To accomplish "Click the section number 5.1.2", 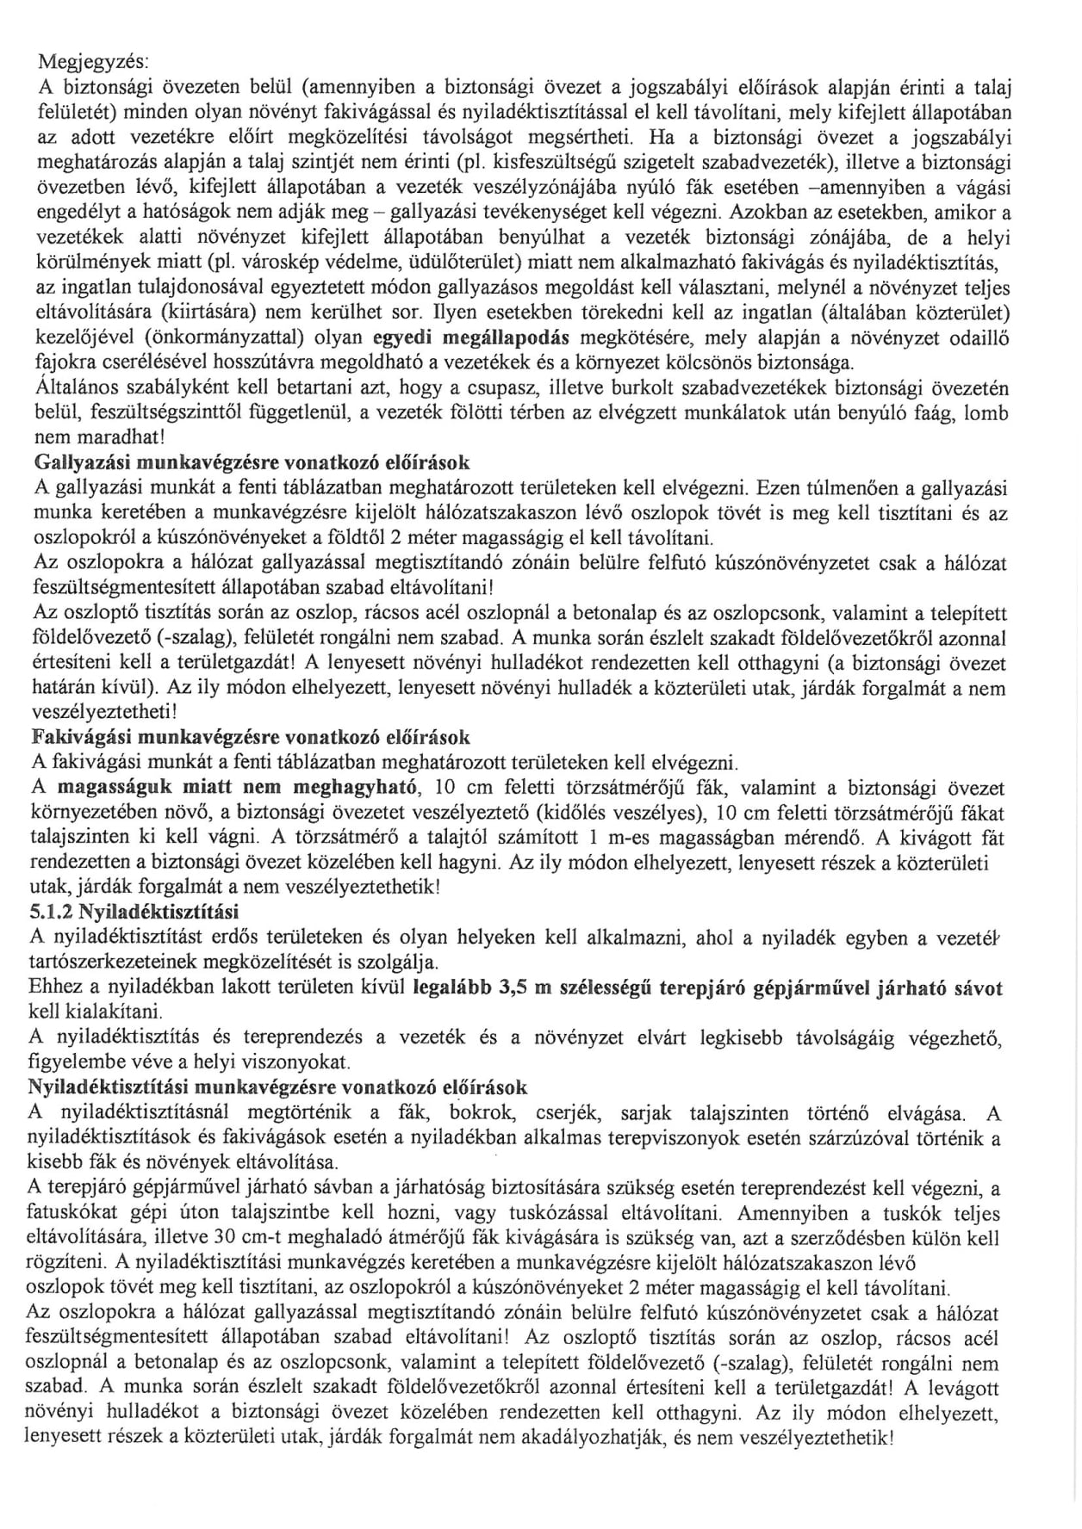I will pyautogui.click(x=53, y=912).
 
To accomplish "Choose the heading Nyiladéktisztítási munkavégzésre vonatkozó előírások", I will pyautogui.click(x=278, y=1086).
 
